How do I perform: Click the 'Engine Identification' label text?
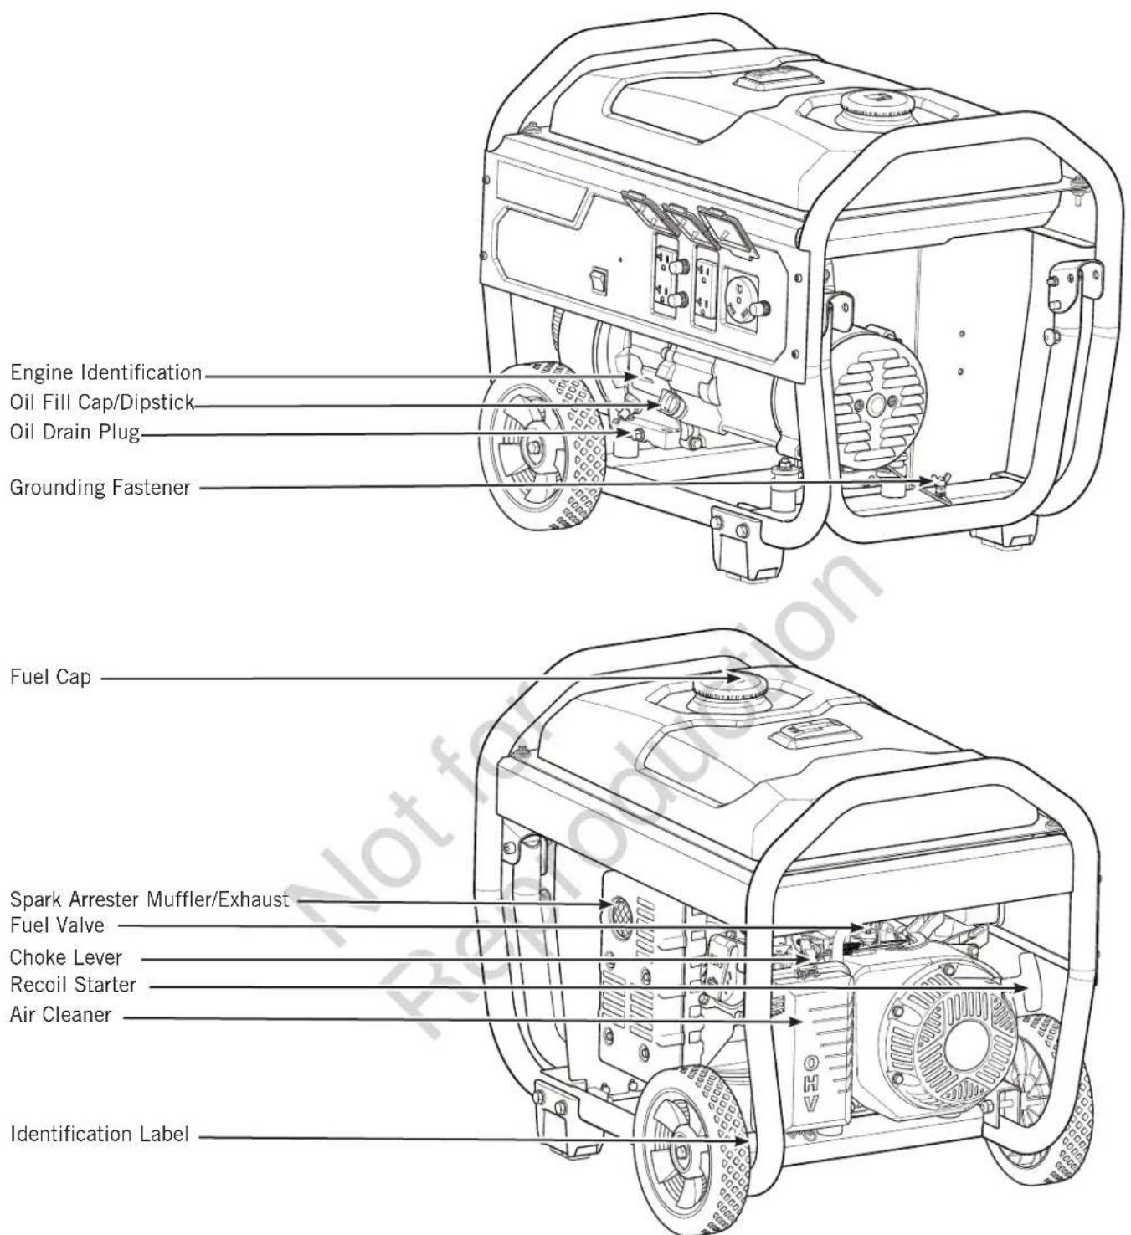[106, 372]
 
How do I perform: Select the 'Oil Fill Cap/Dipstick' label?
[102, 402]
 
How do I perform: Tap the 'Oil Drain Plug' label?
[75, 432]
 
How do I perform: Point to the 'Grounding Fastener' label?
[100, 487]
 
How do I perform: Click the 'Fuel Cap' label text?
[50, 677]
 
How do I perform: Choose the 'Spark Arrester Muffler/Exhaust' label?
[149, 899]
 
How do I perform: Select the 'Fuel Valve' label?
[57, 925]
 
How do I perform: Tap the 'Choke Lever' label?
[65, 956]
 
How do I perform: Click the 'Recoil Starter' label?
[73, 984]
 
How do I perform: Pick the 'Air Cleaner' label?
[60, 1014]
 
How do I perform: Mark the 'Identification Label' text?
[99, 1134]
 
